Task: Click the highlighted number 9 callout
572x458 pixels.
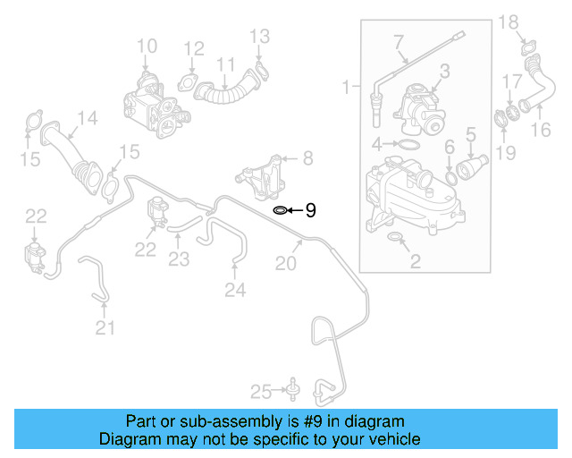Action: click(x=311, y=210)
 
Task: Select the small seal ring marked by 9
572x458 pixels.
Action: click(x=280, y=210)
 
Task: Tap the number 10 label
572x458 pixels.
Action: click(x=147, y=45)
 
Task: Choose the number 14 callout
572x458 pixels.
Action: click(x=87, y=118)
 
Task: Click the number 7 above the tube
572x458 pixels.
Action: click(x=398, y=42)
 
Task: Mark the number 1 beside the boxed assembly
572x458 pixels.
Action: click(x=347, y=88)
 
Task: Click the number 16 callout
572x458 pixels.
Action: click(x=543, y=131)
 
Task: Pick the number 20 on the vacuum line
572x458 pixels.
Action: click(x=284, y=263)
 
